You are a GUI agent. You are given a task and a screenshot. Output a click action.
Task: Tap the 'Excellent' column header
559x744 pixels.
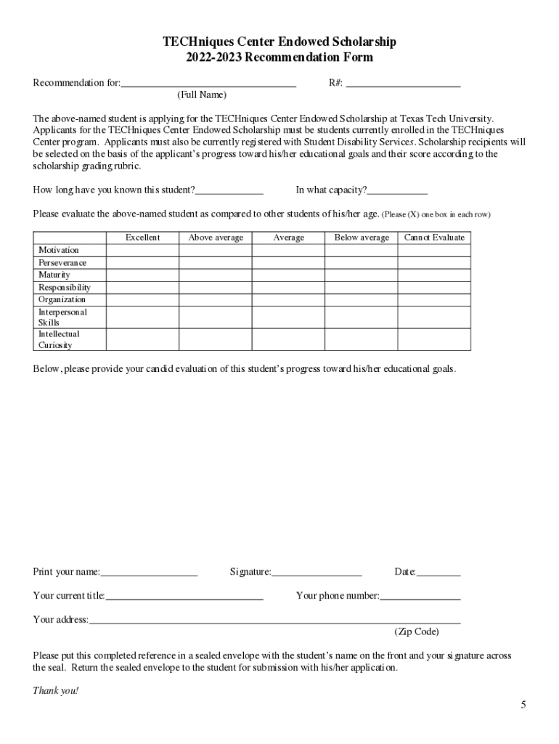(x=143, y=238)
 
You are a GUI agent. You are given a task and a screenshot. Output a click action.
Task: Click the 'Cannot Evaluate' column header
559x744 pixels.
(x=434, y=238)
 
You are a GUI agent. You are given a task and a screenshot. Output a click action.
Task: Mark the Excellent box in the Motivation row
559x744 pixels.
(x=143, y=251)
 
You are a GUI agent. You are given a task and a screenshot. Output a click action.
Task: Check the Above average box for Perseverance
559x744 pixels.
(x=216, y=263)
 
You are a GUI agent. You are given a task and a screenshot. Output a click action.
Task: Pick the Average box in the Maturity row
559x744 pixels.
(x=289, y=275)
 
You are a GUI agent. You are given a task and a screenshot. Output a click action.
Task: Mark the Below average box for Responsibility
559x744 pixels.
(x=362, y=288)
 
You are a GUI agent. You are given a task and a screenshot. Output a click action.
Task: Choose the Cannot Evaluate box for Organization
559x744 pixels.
(x=434, y=299)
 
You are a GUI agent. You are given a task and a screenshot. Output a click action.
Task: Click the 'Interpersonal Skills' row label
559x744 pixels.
(x=62, y=318)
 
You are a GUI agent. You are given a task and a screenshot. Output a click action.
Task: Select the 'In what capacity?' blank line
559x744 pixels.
(x=398, y=192)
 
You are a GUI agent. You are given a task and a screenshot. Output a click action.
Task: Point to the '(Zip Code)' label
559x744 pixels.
(x=417, y=631)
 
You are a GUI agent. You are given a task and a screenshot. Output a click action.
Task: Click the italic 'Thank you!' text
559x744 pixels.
(x=55, y=690)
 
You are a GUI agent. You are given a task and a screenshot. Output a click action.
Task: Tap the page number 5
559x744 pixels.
(x=523, y=705)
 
